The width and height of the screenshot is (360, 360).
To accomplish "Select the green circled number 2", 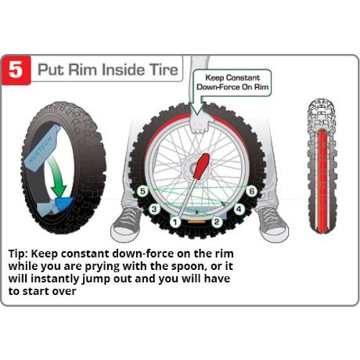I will (216, 222).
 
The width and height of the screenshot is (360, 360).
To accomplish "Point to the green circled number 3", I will (153, 209).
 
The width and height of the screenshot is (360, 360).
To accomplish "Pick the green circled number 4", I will (239, 209).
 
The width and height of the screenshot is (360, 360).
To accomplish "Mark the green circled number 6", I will (251, 192).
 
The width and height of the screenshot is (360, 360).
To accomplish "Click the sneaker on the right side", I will (269, 219).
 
